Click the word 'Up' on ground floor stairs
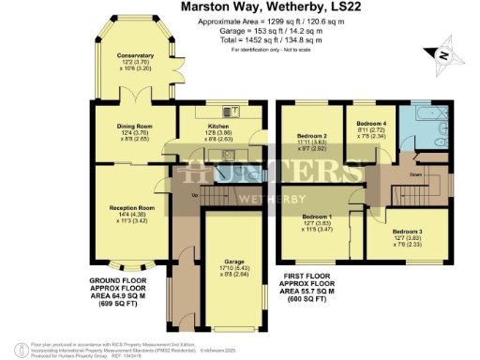[194, 196]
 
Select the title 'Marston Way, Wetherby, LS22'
[240, 7]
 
